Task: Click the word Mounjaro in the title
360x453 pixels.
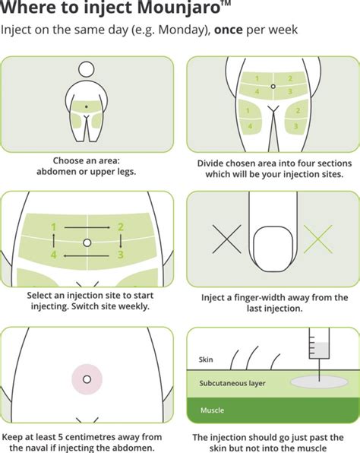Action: pos(178,8)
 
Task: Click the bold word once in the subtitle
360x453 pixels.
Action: pos(228,30)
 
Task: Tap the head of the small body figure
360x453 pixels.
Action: pos(87,69)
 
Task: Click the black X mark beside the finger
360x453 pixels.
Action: pos(226,239)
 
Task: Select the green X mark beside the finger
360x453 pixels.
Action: pos(318,239)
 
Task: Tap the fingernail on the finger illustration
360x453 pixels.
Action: pos(273,249)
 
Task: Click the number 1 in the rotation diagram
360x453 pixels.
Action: pos(53,227)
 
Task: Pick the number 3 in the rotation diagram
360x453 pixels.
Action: pos(121,254)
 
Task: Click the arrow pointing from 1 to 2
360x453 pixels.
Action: pos(87,228)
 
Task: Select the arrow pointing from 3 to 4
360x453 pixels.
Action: pos(87,255)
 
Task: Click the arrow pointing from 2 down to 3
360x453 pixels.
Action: pos(121,241)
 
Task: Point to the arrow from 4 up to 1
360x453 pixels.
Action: pos(54,241)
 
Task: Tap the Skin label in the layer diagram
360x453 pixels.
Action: pos(206,360)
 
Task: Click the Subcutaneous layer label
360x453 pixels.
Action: pos(232,383)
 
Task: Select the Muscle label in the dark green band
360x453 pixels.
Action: pos(212,410)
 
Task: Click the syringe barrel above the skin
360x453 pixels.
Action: pos(319,344)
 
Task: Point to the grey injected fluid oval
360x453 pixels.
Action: pos(319,382)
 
